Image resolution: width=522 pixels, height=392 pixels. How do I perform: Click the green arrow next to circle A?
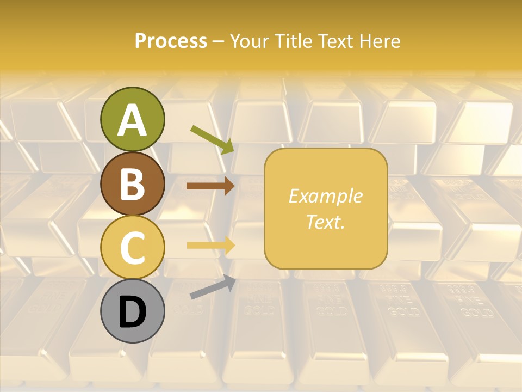[x=213, y=139]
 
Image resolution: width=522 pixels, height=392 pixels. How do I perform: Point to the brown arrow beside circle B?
[x=210, y=186]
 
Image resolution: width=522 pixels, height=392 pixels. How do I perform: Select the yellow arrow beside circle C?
[x=210, y=245]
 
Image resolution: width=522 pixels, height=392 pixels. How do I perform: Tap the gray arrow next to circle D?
[x=213, y=287]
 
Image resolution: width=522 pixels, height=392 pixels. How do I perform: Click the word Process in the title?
[x=171, y=41]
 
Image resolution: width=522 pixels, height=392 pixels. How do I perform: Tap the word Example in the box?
[x=325, y=196]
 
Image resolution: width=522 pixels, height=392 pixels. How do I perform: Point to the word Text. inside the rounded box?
[x=325, y=222]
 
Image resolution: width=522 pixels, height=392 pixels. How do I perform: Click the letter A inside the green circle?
[x=132, y=120]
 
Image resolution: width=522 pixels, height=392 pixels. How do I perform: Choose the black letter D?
[x=132, y=312]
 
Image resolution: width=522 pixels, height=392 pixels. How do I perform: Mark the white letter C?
[x=132, y=248]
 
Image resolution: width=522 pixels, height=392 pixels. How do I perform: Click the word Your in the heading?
[x=251, y=41]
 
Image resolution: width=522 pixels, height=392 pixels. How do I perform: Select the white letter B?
[x=132, y=184]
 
